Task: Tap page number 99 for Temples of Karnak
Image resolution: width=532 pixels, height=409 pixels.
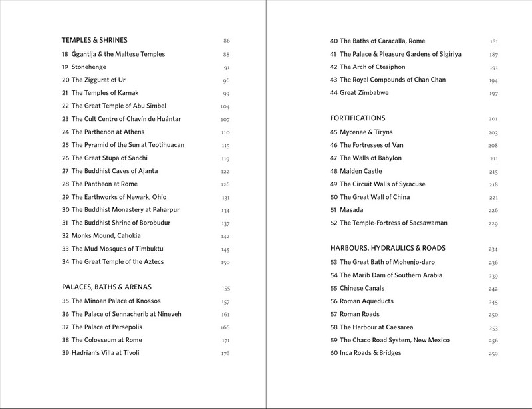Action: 226,93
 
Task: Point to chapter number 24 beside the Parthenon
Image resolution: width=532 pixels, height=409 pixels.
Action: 65,132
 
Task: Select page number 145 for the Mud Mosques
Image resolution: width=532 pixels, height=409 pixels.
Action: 225,249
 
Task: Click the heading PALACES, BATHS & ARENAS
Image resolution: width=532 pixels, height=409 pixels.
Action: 107,288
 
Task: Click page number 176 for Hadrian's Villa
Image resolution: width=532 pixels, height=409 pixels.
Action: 225,352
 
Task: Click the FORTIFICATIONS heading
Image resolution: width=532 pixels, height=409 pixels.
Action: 358,118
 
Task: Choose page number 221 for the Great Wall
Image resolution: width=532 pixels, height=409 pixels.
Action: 493,197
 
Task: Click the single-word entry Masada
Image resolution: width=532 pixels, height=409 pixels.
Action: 352,210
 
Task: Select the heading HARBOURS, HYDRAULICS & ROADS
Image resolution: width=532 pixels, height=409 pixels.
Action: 387,249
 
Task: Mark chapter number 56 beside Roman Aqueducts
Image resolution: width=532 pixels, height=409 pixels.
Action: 334,301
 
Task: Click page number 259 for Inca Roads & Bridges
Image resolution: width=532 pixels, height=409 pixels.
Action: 493,353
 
